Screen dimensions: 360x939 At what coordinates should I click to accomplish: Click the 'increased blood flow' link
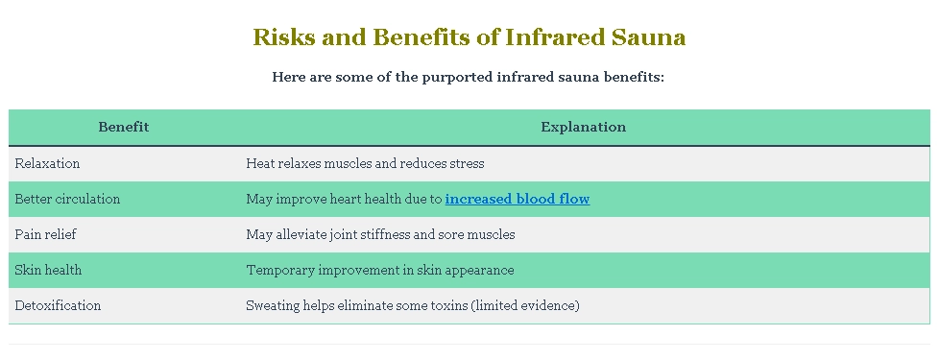tap(517, 200)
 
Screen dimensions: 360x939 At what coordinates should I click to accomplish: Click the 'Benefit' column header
tap(124, 127)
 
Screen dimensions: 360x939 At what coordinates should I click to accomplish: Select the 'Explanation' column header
tap(583, 127)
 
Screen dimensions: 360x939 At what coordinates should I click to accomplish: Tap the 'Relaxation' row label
tap(48, 164)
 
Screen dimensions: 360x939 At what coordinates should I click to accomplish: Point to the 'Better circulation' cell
tap(68, 200)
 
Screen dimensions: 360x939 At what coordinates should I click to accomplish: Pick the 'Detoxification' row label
tap(59, 306)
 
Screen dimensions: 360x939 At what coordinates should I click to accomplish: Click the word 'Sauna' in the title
tap(649, 38)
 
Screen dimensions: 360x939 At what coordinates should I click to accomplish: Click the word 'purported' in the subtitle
tap(456, 77)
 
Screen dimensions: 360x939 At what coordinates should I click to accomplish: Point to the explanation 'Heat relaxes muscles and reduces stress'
tap(365, 164)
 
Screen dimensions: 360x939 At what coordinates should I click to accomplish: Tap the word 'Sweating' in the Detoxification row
tap(274, 306)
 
